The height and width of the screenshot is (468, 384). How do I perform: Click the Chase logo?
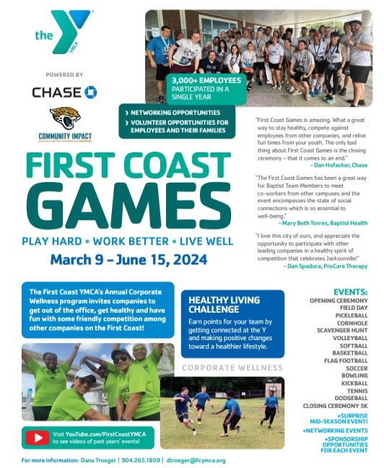point(64,92)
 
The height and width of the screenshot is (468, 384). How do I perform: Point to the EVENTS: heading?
point(351,291)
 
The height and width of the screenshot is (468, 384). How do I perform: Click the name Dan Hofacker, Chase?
point(338,165)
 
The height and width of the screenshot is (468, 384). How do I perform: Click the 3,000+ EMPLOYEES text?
point(199,79)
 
